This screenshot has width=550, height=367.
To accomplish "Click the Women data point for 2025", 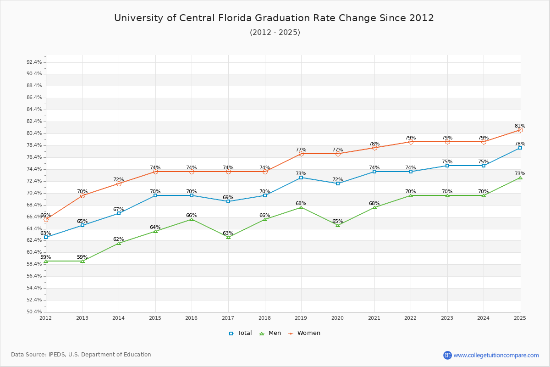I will coord(520,130).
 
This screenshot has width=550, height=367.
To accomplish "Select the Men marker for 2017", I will coord(228,237).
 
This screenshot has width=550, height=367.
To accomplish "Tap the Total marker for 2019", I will coord(301,178).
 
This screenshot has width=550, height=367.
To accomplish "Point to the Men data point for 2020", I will coord(338,225).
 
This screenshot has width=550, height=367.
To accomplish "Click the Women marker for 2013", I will coord(82,195).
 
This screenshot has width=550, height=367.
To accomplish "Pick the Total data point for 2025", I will coord(520,148).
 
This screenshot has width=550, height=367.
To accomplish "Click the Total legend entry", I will coord(241,333).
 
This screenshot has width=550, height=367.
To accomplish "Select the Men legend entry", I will coord(270,333).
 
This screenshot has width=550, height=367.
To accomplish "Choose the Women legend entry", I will coord(304,333).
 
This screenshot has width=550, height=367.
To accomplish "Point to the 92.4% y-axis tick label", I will coord(34,62).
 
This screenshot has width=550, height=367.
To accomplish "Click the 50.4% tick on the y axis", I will coord(34,312).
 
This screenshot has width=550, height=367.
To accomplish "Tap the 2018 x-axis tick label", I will coord(265,318).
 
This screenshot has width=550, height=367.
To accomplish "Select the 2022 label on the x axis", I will coord(411,318).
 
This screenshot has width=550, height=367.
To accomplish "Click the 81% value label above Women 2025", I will coord(520,126).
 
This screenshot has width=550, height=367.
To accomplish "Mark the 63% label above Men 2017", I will coord(228,234).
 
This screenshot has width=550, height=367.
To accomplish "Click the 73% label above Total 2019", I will coord(301,174).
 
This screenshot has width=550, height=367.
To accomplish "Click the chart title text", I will coord(274,18).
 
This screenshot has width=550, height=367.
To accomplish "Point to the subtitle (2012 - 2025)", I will coord(275,33).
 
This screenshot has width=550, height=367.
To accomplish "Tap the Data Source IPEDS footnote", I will coord(81,355).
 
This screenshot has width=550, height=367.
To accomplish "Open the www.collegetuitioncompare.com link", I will coord(496,355).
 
